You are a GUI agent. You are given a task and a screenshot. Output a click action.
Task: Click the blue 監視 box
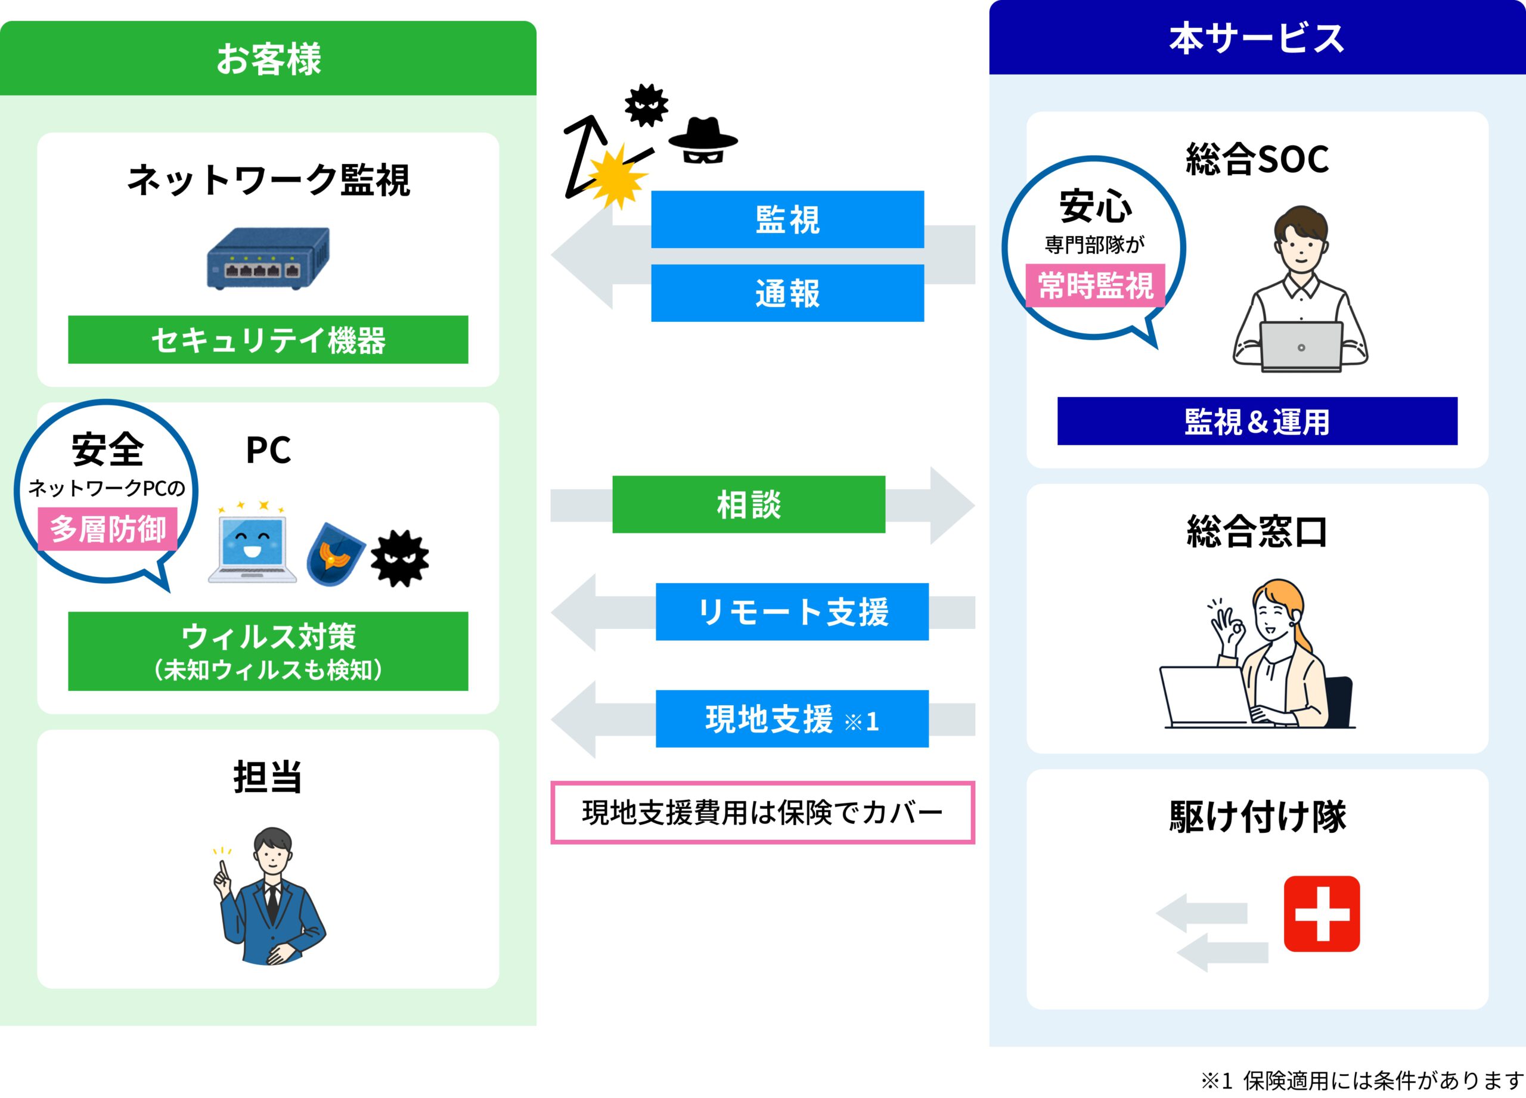click(x=787, y=219)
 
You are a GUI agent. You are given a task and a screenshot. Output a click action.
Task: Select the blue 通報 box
click(x=787, y=293)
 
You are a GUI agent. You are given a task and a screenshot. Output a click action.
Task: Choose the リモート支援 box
click(x=792, y=612)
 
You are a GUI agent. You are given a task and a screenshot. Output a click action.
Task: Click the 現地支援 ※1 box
click(x=792, y=718)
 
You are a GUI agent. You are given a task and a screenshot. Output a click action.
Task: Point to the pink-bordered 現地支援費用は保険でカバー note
click(x=762, y=812)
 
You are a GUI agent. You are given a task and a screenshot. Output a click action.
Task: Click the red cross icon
click(x=1322, y=914)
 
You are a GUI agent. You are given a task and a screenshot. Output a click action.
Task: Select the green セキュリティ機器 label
click(x=268, y=340)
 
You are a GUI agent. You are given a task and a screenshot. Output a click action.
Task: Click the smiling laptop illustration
click(x=252, y=545)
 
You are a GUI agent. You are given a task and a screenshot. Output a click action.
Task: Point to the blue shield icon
click(x=334, y=554)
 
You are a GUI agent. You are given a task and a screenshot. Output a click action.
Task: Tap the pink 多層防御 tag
click(x=108, y=529)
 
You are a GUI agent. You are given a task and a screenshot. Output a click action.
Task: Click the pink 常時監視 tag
click(x=1094, y=286)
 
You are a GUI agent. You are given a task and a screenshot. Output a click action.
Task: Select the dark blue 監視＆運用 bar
click(x=1257, y=421)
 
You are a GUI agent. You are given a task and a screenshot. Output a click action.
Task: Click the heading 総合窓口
click(x=1257, y=532)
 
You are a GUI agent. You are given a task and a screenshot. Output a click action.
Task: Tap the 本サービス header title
click(x=1257, y=38)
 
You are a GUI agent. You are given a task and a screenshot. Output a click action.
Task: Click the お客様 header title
click(x=268, y=59)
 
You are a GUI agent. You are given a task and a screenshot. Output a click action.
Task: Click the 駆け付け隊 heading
click(x=1257, y=817)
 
